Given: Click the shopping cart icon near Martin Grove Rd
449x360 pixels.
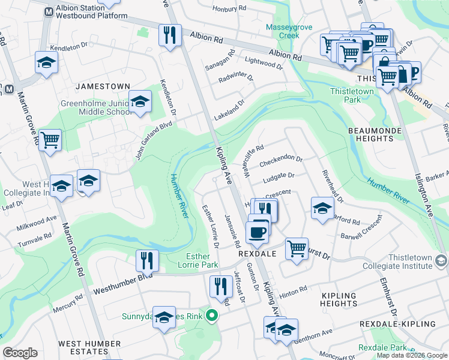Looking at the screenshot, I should (x=50, y=140).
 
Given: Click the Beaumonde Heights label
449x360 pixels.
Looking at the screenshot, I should (x=371, y=134).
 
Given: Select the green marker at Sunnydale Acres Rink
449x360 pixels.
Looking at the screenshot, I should (x=211, y=315).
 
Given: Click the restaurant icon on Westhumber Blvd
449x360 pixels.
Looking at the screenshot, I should (x=147, y=260).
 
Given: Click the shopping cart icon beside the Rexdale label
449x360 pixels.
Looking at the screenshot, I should (x=297, y=247).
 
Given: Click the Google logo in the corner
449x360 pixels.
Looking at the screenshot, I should (x=20, y=353).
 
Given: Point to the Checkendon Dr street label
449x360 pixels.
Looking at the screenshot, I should (x=280, y=162).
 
